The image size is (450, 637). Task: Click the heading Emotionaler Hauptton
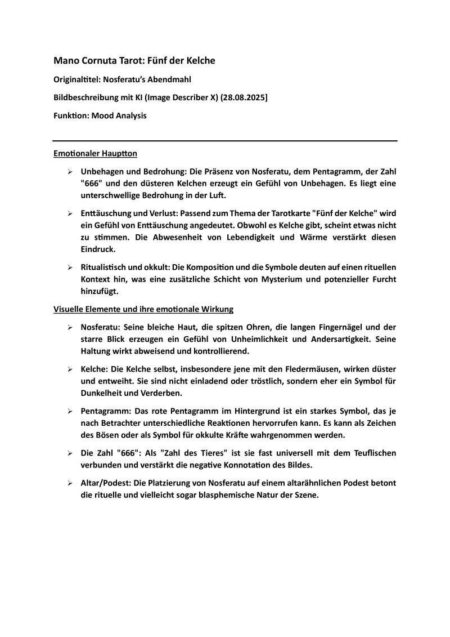(95, 153)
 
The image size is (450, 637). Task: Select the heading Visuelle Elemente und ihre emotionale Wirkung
(143, 309)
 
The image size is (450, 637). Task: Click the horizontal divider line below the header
(225, 140)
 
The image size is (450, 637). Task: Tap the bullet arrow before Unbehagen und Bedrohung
(69, 171)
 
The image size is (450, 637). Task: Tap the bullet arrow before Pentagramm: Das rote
(69, 411)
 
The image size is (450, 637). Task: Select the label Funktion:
(73, 115)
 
